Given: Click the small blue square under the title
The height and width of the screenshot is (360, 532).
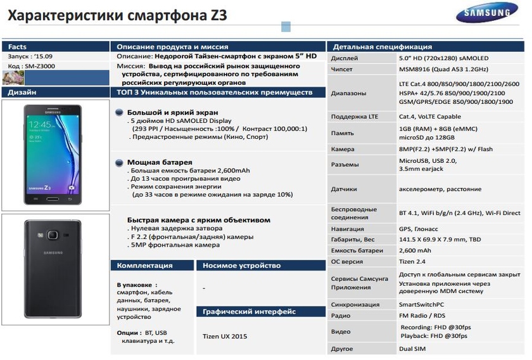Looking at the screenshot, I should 286,27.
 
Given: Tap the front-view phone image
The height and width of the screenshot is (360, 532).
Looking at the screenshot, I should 53,154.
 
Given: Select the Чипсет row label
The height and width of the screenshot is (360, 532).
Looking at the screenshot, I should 342,69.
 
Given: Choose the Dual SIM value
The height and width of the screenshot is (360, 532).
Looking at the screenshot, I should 413,349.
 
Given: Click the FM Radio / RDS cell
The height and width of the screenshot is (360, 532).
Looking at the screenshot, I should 423,316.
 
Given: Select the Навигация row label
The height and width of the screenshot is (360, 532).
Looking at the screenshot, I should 348,229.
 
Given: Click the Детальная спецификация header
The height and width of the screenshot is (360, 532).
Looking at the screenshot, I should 383,47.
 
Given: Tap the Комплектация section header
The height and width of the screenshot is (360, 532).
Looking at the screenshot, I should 144,266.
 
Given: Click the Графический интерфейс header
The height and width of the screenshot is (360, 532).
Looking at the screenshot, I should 249,312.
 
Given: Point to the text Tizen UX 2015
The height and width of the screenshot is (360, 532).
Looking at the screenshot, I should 225,336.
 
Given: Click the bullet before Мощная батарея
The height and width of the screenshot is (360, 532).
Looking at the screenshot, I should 119,163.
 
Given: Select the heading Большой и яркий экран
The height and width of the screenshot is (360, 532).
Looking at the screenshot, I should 167,112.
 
